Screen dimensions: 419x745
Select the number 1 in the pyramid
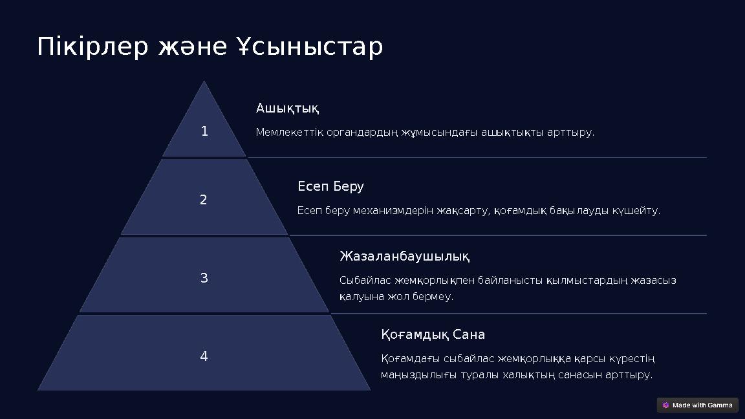pyautogui.click(x=204, y=132)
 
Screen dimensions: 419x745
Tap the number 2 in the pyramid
pyautogui.click(x=204, y=200)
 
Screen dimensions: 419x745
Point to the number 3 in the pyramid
pyautogui.click(x=204, y=279)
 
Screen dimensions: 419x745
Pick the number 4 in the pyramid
pyautogui.click(x=204, y=356)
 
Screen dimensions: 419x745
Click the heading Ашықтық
pyautogui.click(x=287, y=107)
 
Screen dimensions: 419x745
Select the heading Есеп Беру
pyautogui.click(x=330, y=187)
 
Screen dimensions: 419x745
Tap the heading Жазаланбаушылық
pyautogui.click(x=404, y=257)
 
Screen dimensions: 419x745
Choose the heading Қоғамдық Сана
pyautogui.click(x=433, y=335)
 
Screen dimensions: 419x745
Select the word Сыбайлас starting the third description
pyautogui.click(x=365, y=281)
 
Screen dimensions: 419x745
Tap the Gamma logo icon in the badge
pyautogui.click(x=666, y=405)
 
